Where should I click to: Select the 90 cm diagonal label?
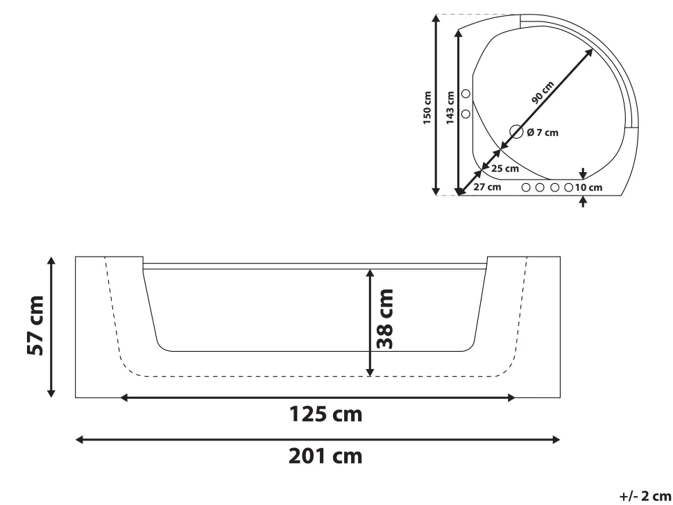click(x=543, y=92)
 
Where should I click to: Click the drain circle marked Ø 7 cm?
click(x=516, y=132)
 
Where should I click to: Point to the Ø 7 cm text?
click(x=543, y=132)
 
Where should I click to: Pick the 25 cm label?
click(x=505, y=168)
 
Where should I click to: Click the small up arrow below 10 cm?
click(x=583, y=201)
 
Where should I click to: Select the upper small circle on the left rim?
click(x=466, y=94)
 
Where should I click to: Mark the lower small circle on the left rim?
click(x=466, y=112)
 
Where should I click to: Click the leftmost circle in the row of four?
click(x=526, y=187)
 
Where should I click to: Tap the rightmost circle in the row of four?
click(x=569, y=187)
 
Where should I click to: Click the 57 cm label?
click(x=35, y=326)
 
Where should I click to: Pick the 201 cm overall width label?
click(x=318, y=457)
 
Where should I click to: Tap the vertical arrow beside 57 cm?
click(x=51, y=326)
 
